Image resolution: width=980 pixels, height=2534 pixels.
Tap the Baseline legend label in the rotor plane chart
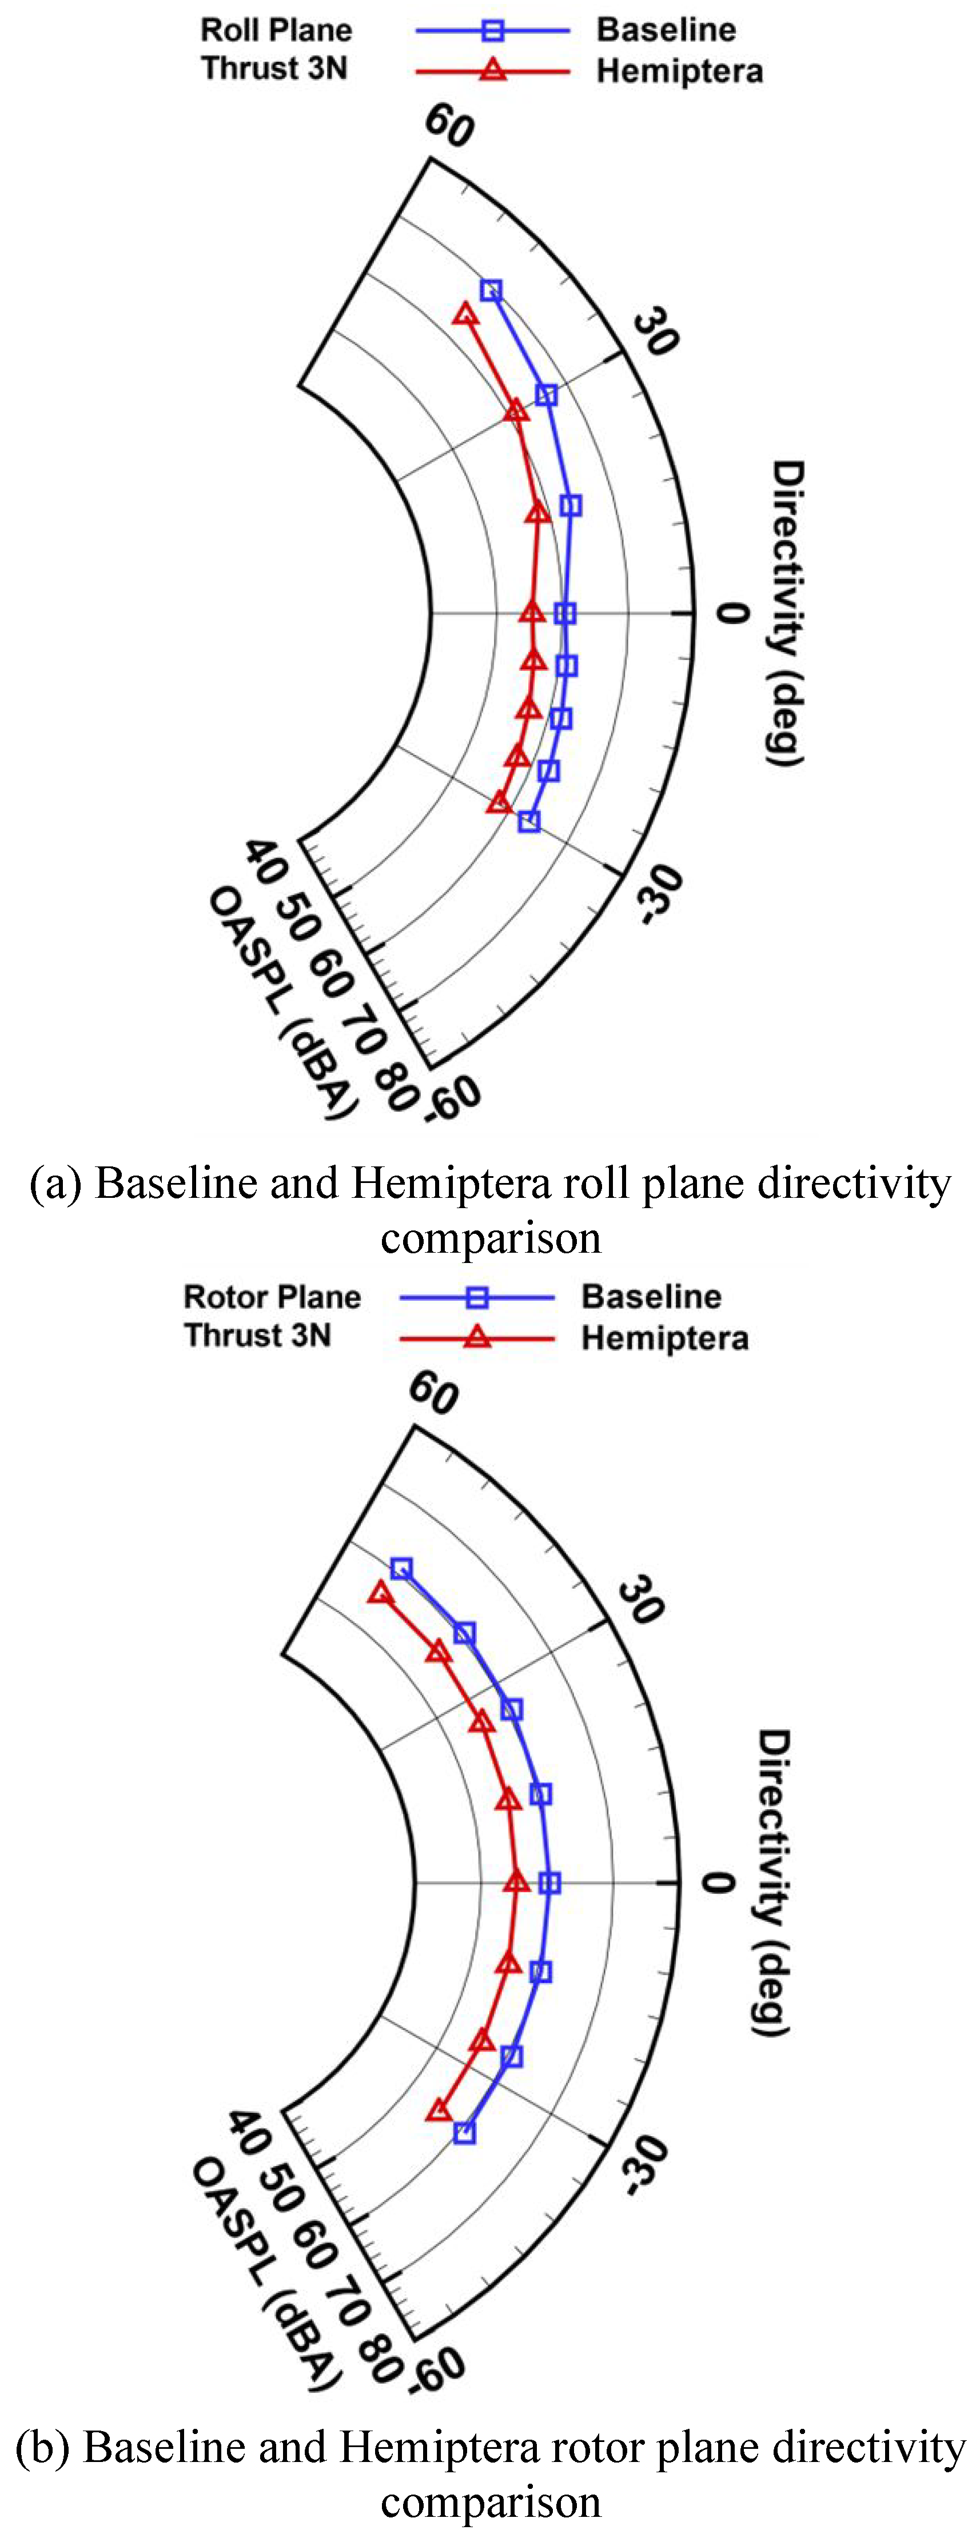point(651,1297)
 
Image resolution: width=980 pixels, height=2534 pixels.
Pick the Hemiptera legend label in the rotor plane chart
point(664,1338)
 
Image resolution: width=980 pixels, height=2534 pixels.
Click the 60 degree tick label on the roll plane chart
point(449,126)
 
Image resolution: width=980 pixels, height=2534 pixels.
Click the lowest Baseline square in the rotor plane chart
point(464,2133)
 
